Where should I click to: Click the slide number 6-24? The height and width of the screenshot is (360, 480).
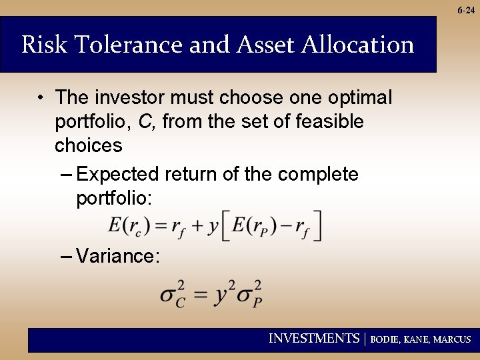pyautogui.click(x=466, y=9)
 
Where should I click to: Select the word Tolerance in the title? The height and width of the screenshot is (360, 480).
pyautogui.click(x=127, y=45)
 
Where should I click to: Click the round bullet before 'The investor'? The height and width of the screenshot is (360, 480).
pyautogui.click(x=41, y=98)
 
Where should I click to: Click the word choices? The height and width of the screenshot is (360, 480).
pyautogui.click(x=89, y=146)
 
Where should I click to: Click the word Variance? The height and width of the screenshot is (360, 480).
pyautogui.click(x=117, y=256)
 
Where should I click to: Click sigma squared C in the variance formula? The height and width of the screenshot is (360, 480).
pyautogui.click(x=173, y=295)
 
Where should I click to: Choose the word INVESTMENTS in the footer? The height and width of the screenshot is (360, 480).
pyautogui.click(x=313, y=339)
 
